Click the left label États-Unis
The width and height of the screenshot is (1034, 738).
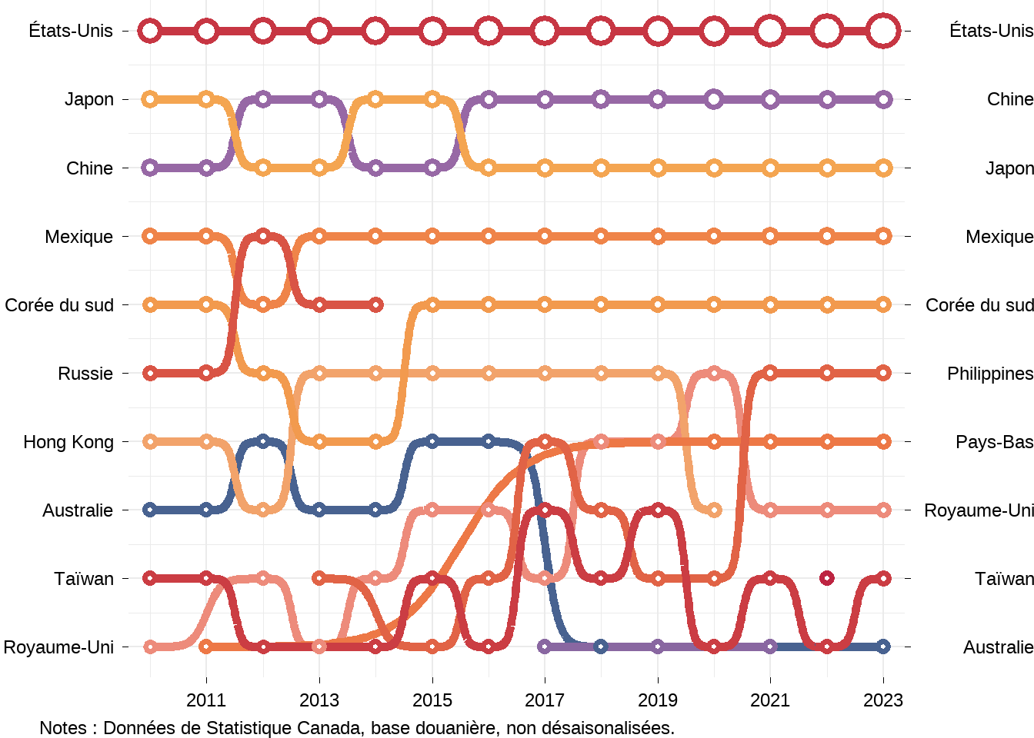[x=71, y=31]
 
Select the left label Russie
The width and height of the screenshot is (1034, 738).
[x=85, y=374]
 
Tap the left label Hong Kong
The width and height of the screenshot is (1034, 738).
[x=68, y=442]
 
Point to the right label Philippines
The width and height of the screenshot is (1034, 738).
[x=990, y=374]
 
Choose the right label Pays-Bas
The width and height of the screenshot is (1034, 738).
[x=994, y=442]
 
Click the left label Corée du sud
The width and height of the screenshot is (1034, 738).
[x=59, y=305]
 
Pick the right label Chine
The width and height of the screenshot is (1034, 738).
[x=1009, y=99]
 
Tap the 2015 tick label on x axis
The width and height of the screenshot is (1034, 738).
[x=432, y=700]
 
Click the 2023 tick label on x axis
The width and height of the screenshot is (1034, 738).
[x=883, y=700]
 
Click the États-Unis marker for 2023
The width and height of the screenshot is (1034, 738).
[x=883, y=31]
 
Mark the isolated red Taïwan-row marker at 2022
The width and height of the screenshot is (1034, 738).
[x=827, y=578]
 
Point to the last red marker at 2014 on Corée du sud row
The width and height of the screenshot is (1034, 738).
[x=375, y=305]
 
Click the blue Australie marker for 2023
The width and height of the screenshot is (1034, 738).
[x=883, y=647]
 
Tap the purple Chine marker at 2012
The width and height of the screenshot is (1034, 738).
[x=263, y=99]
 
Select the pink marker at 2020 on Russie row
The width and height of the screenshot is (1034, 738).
[x=714, y=374]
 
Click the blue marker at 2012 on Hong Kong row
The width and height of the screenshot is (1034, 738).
[x=263, y=442]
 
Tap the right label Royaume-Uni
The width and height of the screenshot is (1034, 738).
[x=978, y=510]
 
